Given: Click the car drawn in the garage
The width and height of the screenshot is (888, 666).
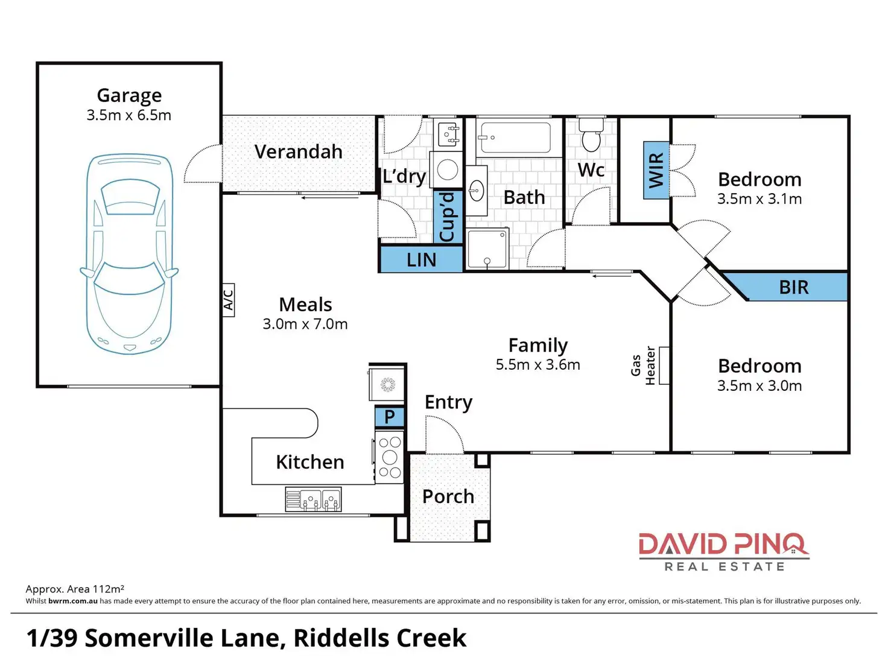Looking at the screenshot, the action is pos(130,254).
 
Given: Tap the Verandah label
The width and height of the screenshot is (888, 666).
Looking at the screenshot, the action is pos(299,151).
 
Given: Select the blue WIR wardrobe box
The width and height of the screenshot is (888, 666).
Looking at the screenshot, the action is pos(656,170).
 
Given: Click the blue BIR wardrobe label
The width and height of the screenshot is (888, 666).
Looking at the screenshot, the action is pos(794,287).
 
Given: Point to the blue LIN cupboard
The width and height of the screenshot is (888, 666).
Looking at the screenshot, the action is pos(422,259).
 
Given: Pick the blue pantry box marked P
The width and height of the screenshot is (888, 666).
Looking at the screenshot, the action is pos(389,416).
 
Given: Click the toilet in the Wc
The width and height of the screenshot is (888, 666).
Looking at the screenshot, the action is pos(591,135).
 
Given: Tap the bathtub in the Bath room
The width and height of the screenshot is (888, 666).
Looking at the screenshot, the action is pos(514,138).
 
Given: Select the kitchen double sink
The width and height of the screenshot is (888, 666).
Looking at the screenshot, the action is pos(314,499).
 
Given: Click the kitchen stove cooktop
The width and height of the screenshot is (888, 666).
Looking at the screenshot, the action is pos(389,457).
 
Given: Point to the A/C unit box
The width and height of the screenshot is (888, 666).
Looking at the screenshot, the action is pos(229,300).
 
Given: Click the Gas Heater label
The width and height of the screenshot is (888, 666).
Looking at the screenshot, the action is pos(643,365).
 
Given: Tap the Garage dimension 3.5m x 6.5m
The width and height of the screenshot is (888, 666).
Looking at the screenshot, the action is pos(129,115).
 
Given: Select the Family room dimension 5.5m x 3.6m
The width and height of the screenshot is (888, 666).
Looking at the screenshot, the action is pos(538,365).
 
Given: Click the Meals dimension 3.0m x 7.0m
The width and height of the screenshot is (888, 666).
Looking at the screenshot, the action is pos(305,324).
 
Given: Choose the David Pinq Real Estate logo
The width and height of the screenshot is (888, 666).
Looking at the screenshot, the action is pos(724,551).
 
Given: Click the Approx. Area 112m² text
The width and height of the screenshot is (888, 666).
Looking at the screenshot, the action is pos(75,589).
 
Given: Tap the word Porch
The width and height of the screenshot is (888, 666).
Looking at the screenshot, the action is pos(448,496).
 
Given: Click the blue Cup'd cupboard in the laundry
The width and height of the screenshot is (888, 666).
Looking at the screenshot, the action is pos(448,217).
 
